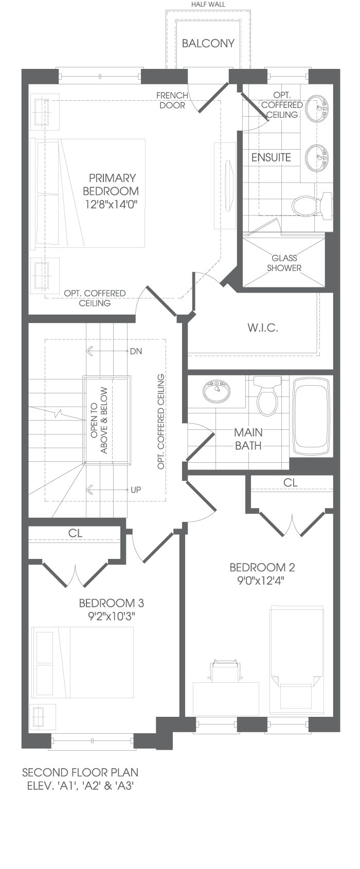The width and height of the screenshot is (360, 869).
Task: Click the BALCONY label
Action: pyautogui.click(x=208, y=43)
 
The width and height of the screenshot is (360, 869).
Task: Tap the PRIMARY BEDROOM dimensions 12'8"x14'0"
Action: pyautogui.click(x=112, y=204)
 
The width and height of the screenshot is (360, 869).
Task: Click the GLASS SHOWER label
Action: pyautogui.click(x=284, y=263)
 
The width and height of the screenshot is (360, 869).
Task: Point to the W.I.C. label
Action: pyautogui.click(x=263, y=328)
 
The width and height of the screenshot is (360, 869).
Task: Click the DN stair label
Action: pyautogui.click(x=136, y=352)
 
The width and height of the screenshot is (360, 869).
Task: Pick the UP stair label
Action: pyautogui.click(x=136, y=490)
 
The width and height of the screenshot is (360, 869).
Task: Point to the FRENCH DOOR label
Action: pyautogui.click(x=172, y=100)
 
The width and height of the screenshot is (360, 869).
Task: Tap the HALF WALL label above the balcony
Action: pyautogui.click(x=208, y=5)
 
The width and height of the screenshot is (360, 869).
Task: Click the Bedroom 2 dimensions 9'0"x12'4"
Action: pyautogui.click(x=262, y=581)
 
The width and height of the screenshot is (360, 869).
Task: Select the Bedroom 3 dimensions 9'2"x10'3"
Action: pyautogui.click(x=112, y=617)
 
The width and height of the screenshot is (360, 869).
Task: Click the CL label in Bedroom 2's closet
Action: pyautogui.click(x=290, y=483)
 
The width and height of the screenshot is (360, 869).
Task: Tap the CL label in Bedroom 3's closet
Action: pyautogui.click(x=75, y=533)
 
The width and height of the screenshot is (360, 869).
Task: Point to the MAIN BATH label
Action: pyautogui.click(x=248, y=439)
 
